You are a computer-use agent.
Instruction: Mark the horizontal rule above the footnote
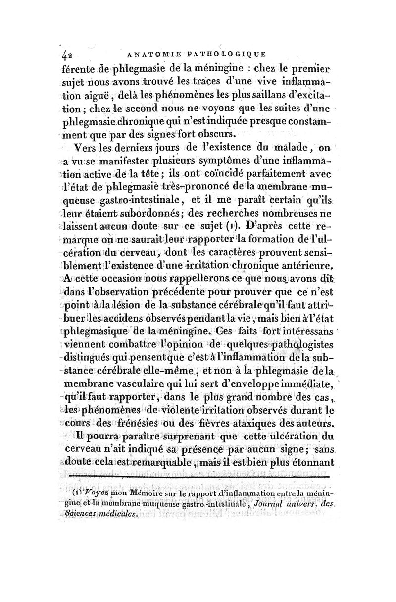coord(203,477)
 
